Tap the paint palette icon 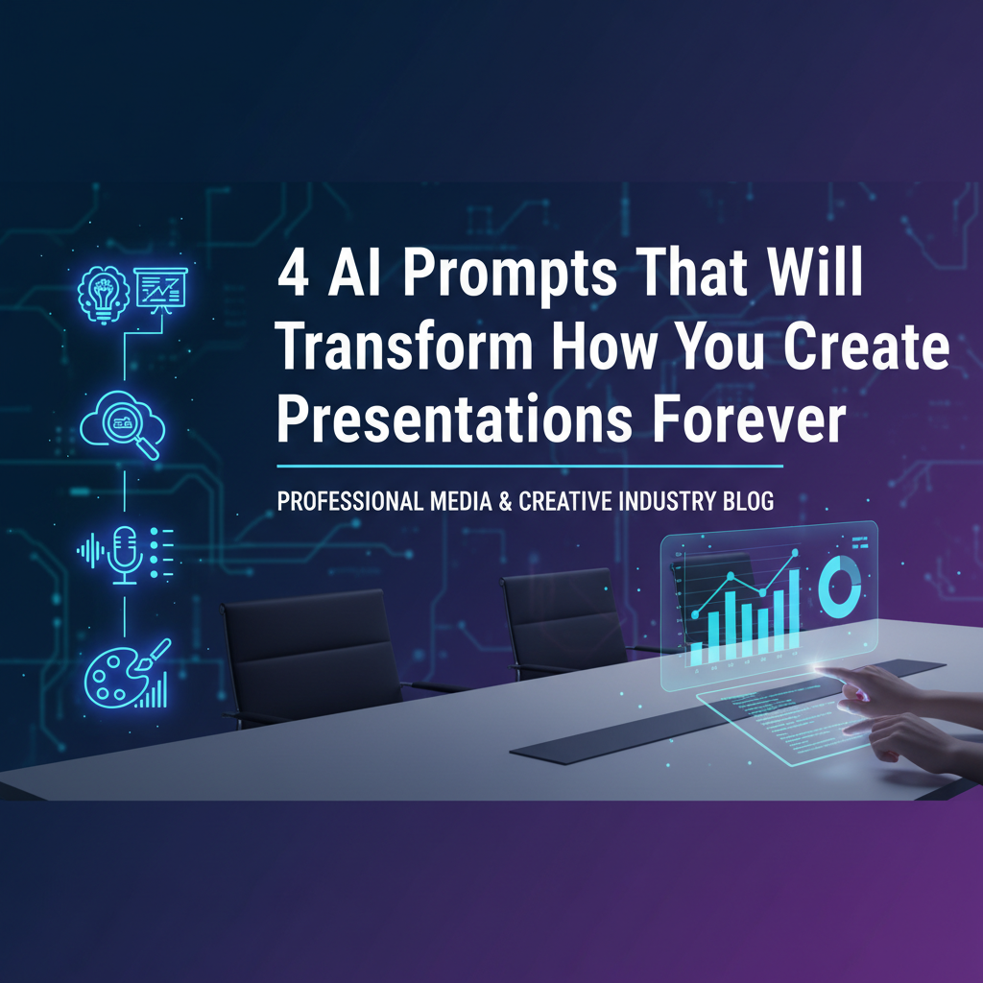click(x=112, y=678)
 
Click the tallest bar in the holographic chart click(x=792, y=611)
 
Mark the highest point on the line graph click(x=794, y=555)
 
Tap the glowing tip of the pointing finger click(x=819, y=665)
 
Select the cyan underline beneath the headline click(x=529, y=467)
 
